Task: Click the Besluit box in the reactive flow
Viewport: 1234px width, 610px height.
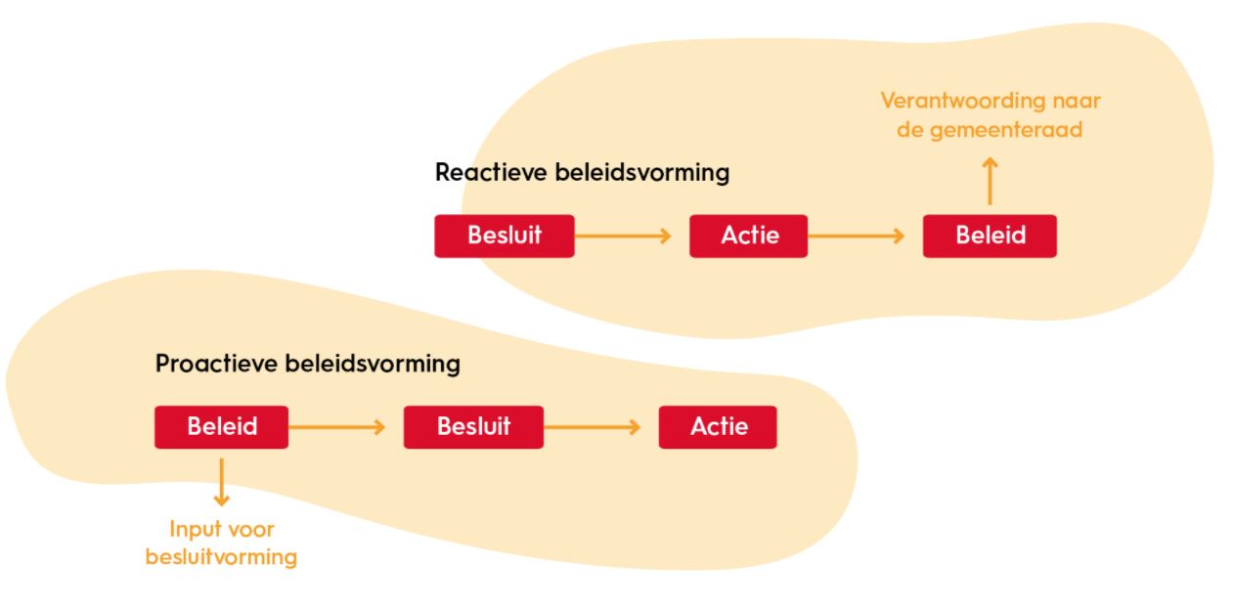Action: click(504, 236)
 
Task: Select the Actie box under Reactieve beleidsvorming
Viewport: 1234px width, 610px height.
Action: click(748, 236)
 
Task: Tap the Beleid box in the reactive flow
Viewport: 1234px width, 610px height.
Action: click(989, 236)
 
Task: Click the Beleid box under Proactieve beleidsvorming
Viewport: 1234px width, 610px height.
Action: click(221, 427)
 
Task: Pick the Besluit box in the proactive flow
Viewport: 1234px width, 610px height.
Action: click(473, 427)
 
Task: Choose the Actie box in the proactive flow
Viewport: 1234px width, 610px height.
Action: click(717, 427)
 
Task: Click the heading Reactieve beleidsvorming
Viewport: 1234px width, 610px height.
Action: click(582, 173)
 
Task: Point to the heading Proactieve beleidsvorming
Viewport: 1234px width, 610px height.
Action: click(307, 365)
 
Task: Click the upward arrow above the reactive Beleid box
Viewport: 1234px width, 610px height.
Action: click(990, 182)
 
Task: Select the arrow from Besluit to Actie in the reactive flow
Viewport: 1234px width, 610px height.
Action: click(624, 236)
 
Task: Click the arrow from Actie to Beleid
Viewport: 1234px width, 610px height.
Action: click(858, 236)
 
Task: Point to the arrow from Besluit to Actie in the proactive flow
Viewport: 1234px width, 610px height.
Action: click(593, 427)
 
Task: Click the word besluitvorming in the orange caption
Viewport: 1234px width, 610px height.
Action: click(221, 557)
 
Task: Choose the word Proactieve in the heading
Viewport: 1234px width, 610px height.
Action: click(217, 365)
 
